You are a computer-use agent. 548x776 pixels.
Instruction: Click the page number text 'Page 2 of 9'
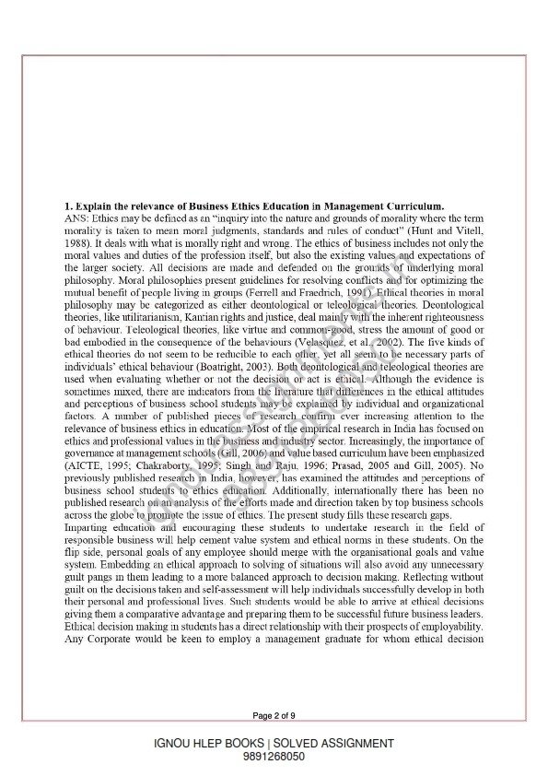point(274,714)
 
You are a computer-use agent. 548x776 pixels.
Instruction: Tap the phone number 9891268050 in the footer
point(274,756)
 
